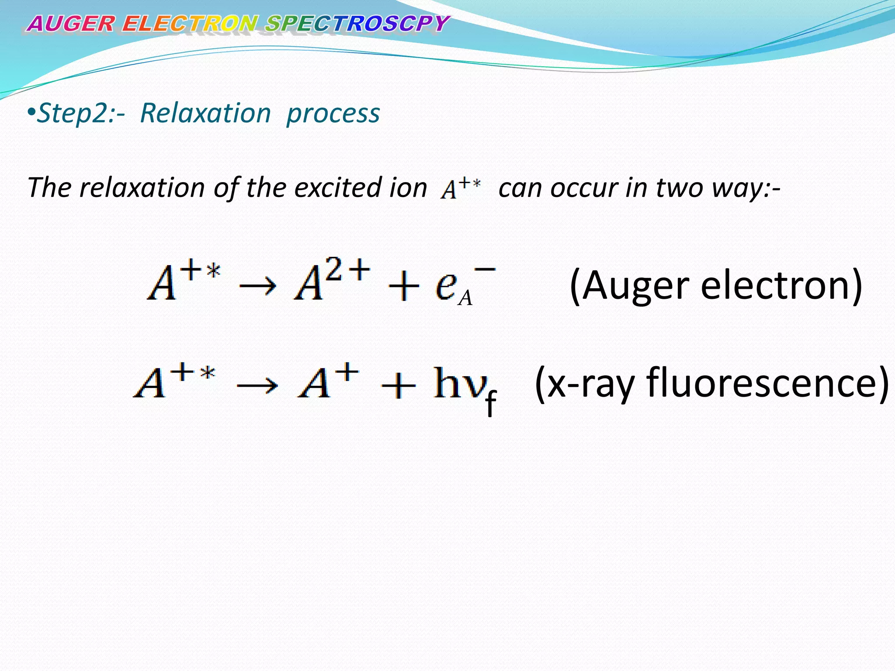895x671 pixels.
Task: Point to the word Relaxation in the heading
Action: (205, 114)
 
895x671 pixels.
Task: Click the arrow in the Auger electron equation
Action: (258, 286)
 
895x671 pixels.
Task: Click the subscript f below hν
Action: (491, 404)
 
